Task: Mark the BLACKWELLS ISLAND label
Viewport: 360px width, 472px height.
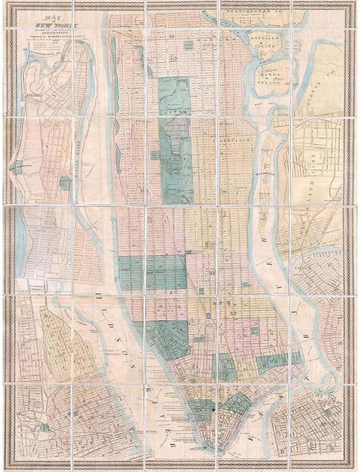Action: [265, 178]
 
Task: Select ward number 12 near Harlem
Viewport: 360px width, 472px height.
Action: [172, 36]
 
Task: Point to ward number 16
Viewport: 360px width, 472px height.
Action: [158, 307]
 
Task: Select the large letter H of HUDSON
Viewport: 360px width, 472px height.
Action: [99, 293]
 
